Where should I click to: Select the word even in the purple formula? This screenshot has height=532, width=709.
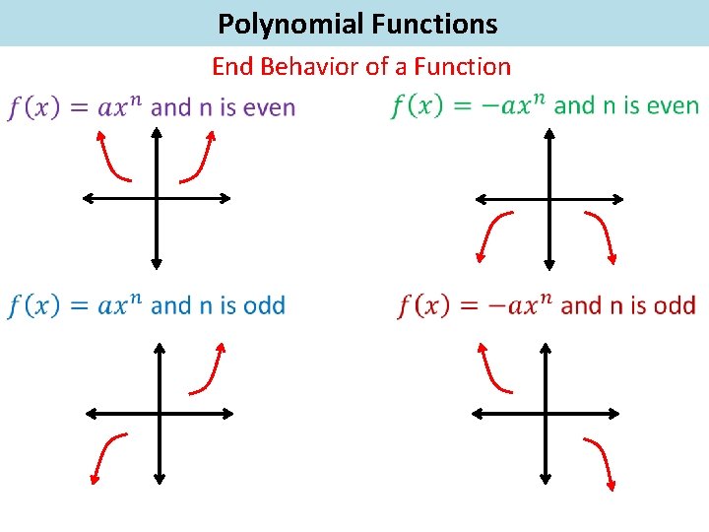(x=268, y=107)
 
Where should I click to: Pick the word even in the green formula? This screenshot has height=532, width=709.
(x=672, y=105)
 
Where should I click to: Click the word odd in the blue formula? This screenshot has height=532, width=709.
(x=263, y=305)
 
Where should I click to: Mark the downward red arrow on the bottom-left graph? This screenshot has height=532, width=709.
(x=105, y=457)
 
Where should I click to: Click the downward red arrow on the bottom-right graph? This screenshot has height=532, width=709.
(x=602, y=462)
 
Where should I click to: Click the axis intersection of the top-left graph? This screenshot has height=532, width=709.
(x=156, y=198)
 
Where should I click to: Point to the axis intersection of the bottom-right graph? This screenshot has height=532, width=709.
(x=546, y=414)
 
